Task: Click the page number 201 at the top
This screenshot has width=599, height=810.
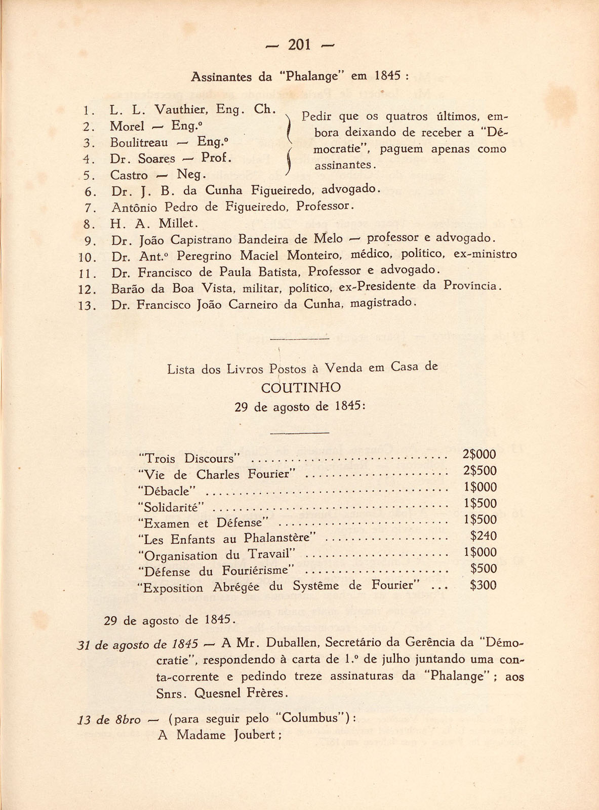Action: pyautogui.click(x=299, y=45)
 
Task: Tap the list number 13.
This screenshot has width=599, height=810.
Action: pyautogui.click(x=88, y=306)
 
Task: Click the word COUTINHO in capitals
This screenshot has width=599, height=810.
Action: pyautogui.click(x=301, y=388)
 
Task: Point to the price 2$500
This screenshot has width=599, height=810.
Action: pyautogui.click(x=480, y=471)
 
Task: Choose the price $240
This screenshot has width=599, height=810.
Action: pyautogui.click(x=483, y=536)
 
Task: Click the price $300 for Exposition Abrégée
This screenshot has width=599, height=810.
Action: pyautogui.click(x=483, y=586)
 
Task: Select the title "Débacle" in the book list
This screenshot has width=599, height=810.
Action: pyautogui.click(x=167, y=491)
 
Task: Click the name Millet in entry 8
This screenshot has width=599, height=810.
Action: pyautogui.click(x=178, y=223)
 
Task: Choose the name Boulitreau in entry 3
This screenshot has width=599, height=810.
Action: pyautogui.click(x=139, y=143)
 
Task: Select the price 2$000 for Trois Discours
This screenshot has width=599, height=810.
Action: pyautogui.click(x=480, y=454)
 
